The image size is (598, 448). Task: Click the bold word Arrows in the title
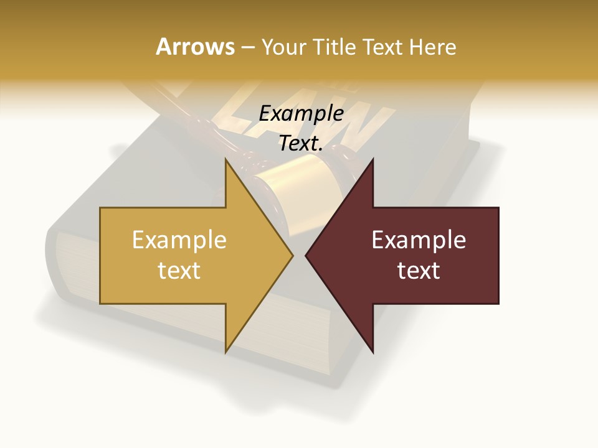[194, 47]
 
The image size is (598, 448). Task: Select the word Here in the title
[433, 47]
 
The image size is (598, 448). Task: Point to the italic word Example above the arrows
[301, 113]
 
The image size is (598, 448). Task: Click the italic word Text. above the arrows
[301, 143]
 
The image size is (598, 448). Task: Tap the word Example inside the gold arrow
[179, 240]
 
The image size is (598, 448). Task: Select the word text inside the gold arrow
[179, 270]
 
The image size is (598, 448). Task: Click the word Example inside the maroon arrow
[419, 240]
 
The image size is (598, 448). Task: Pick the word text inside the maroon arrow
[419, 270]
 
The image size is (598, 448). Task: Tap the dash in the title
[247, 47]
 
